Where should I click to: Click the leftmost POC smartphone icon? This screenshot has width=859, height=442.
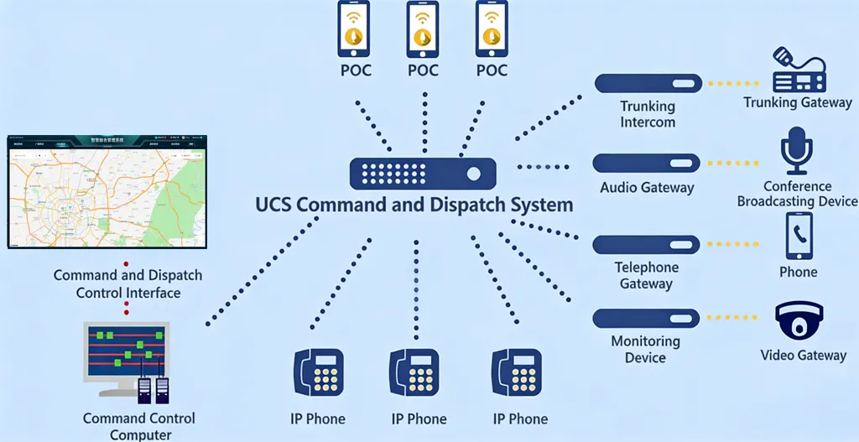click(x=355, y=28)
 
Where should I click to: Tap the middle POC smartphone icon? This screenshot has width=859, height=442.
click(x=423, y=28)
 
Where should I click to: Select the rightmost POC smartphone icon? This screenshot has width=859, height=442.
click(x=492, y=28)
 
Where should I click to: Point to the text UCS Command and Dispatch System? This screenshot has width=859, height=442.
click(x=414, y=205)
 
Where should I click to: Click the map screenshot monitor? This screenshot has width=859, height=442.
click(x=107, y=191)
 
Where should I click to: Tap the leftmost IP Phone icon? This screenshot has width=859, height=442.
click(x=320, y=373)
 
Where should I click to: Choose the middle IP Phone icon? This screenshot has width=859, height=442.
click(x=415, y=373)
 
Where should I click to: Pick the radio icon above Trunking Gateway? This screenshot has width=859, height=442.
click(x=798, y=73)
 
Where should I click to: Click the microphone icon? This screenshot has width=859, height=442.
click(x=795, y=151)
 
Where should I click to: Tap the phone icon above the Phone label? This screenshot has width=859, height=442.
click(x=798, y=235)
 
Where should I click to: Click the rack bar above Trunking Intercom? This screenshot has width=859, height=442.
click(x=648, y=83)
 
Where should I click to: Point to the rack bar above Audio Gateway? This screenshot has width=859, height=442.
click(x=647, y=164)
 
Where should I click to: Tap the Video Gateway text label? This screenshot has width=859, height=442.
click(x=803, y=356)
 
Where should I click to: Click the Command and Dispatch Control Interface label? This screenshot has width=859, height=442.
click(x=128, y=284)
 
